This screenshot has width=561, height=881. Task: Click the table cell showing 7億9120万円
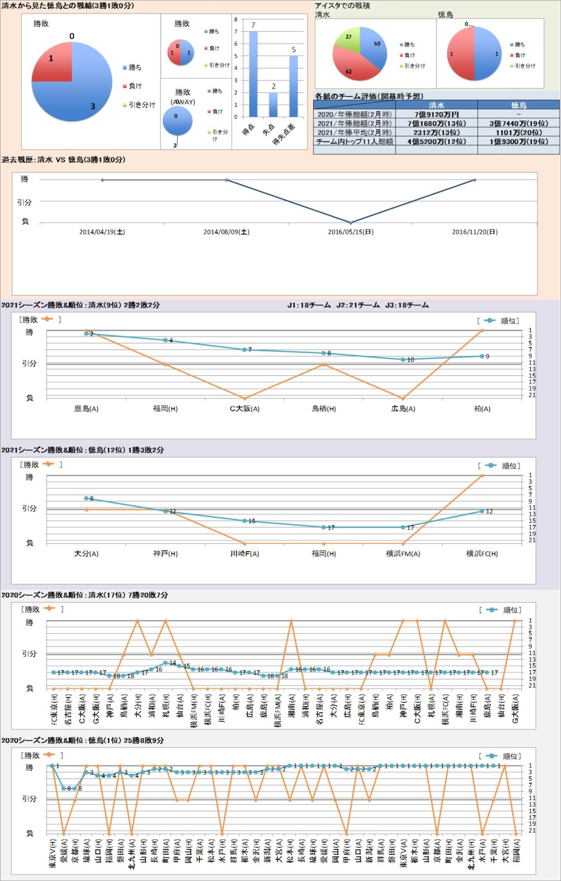[x=436, y=114]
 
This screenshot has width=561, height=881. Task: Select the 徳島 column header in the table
[x=518, y=105]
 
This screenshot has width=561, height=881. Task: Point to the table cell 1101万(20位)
[x=518, y=132]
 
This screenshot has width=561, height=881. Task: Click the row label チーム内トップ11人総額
[x=355, y=141]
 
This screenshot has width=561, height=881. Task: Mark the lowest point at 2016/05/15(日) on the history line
[x=351, y=223]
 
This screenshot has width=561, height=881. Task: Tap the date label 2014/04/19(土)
[x=102, y=232]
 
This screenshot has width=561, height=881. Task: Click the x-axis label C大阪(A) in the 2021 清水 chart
[x=245, y=409]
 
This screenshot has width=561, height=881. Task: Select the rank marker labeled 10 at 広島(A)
[x=403, y=359]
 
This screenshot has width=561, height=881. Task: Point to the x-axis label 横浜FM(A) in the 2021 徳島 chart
[x=403, y=553]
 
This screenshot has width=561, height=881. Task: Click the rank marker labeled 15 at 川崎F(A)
[x=245, y=521]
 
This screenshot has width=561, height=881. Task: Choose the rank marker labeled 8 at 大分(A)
[x=86, y=498]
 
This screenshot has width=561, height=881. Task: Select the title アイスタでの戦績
[x=342, y=6]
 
